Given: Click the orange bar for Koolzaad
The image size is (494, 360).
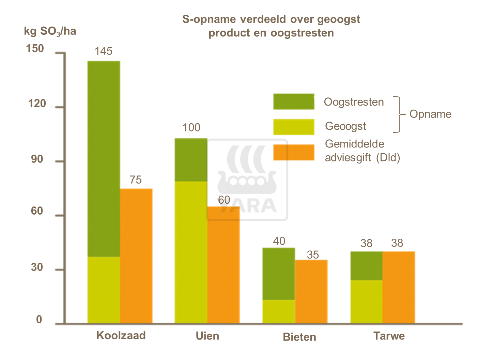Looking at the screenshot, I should (136, 255).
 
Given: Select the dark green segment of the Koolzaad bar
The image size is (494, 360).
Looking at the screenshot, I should (104, 158).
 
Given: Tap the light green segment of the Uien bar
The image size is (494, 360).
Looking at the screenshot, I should (191, 252).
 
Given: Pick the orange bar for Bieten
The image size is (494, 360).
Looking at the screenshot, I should (311, 291).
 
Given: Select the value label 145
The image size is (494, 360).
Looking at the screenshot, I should (103, 51).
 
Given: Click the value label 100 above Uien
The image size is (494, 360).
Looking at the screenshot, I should (191, 128).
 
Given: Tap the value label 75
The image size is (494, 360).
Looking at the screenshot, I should (136, 180).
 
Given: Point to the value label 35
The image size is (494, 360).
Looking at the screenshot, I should (312, 255).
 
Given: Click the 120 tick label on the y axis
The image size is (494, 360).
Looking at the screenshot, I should (37, 104).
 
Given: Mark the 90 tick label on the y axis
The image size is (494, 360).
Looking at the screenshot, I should (37, 159).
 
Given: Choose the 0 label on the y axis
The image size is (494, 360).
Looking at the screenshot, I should (39, 319).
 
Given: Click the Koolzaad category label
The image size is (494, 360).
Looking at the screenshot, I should (121, 335).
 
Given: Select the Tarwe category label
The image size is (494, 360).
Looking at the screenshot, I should (389, 336).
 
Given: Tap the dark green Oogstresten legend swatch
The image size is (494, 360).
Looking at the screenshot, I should (294, 101).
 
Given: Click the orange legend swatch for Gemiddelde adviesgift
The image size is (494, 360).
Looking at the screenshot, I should (294, 152).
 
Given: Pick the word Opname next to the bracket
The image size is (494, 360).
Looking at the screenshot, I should (430, 114).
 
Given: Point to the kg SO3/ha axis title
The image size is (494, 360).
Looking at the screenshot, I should (50, 31).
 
